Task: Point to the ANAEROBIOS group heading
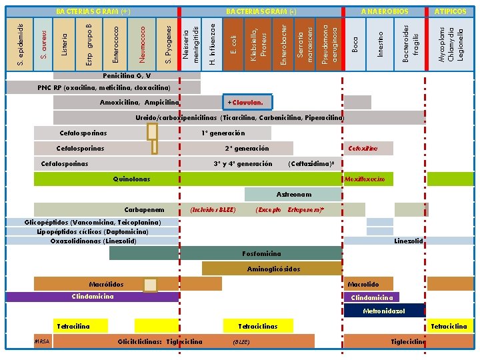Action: [x=384, y=12]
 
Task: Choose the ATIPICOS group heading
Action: [x=451, y=12]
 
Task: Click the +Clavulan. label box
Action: [x=247, y=103]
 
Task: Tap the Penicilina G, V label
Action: [x=127, y=76]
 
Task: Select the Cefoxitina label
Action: [x=363, y=148]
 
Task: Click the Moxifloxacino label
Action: [x=364, y=180]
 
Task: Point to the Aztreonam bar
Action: [x=293, y=195]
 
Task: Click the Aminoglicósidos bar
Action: [x=273, y=269]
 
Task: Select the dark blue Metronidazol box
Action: [x=384, y=311]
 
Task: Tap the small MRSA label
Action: [x=42, y=341]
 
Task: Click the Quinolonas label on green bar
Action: [x=132, y=179]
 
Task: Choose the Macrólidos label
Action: [x=106, y=284]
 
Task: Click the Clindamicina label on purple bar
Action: [x=93, y=297]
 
